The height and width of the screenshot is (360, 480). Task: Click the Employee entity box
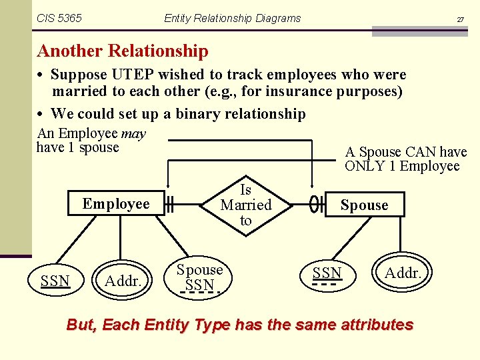point(116,204)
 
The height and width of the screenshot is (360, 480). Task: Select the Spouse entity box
point(364,205)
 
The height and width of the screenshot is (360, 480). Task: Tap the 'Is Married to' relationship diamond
point(246,205)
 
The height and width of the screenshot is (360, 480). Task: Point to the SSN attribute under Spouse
point(327,273)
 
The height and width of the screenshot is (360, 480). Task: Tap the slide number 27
point(460,20)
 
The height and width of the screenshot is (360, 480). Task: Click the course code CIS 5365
point(60,19)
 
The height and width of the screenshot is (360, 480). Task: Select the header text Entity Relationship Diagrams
point(232,19)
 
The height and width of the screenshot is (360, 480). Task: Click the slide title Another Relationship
point(123,51)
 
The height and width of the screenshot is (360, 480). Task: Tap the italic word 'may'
point(133,133)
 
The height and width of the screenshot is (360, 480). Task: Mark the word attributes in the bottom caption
point(377,325)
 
